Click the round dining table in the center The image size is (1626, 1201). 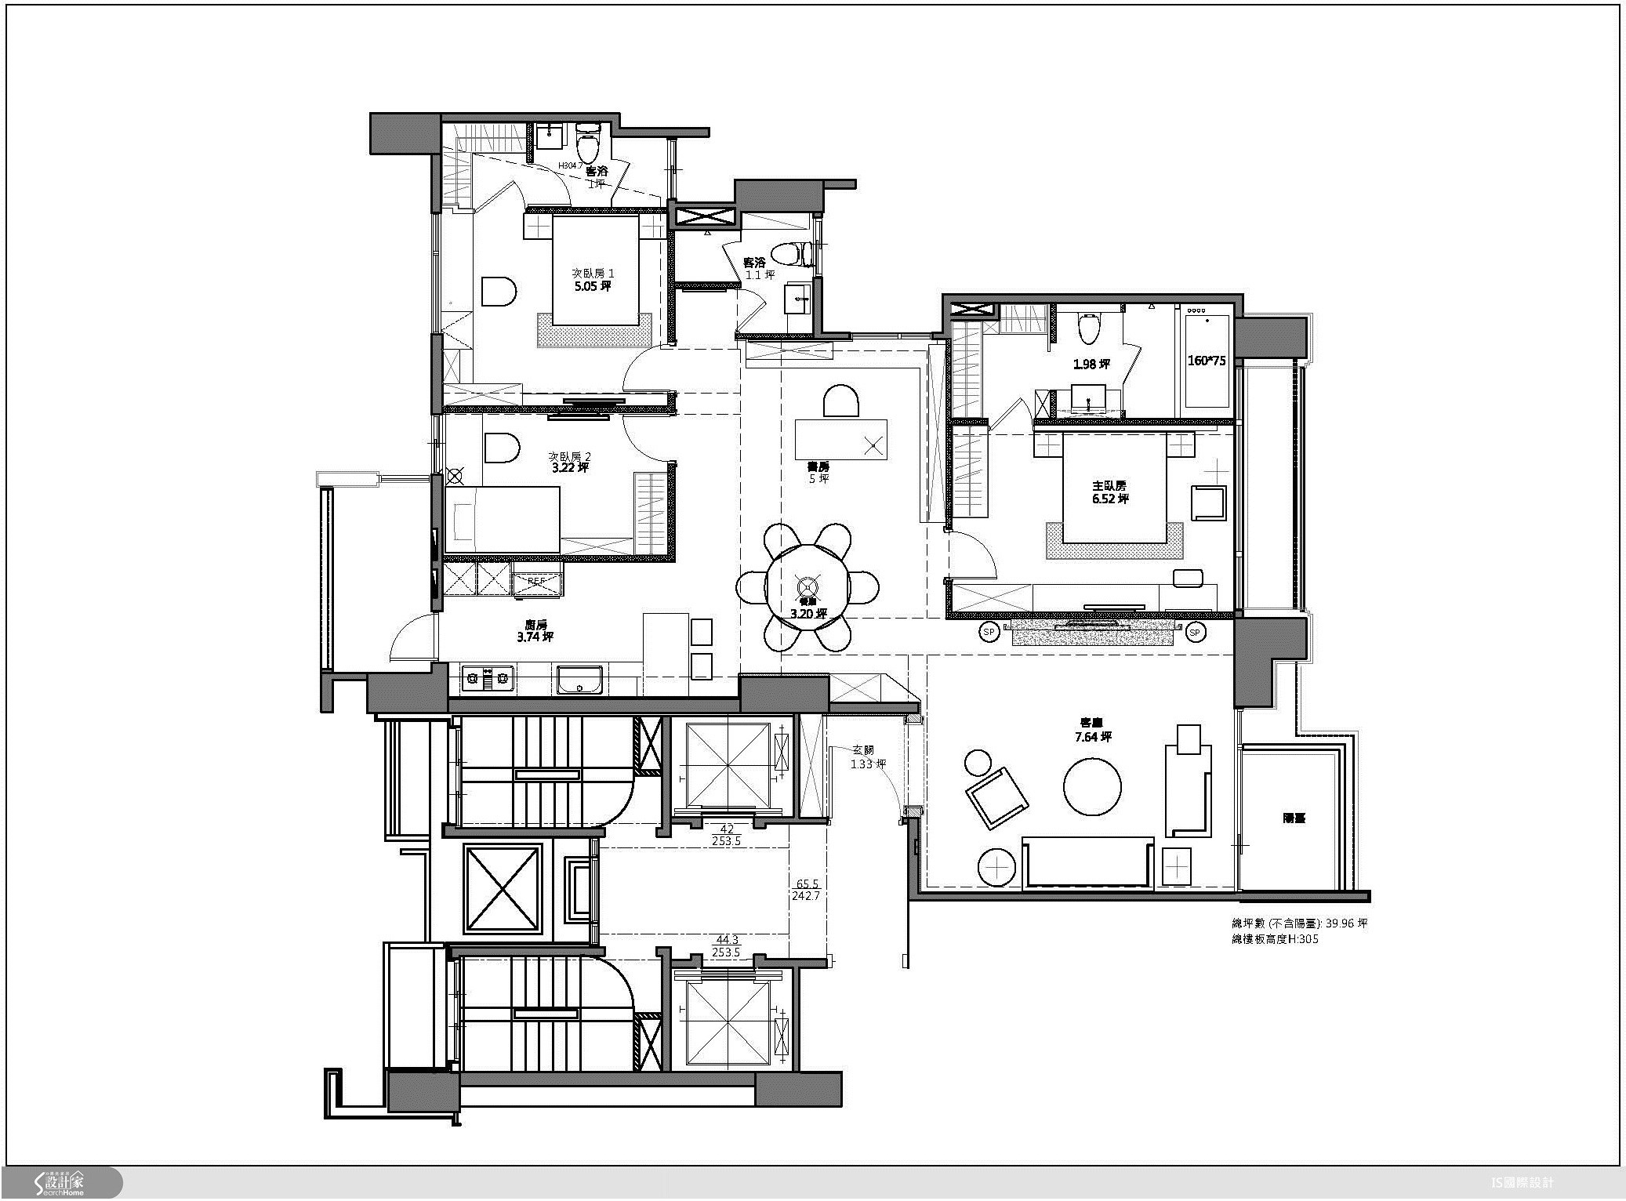[808, 587]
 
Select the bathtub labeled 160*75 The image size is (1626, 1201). [1207, 360]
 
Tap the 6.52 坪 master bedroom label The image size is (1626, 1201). [1110, 492]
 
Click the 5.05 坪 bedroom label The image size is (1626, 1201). [593, 280]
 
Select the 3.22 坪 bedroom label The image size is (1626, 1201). [569, 463]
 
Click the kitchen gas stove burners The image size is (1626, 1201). [487, 677]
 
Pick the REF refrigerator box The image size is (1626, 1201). [538, 582]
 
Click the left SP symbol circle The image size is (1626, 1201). [989, 632]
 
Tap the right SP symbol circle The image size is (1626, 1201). [1195, 632]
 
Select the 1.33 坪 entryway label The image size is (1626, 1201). [868, 757]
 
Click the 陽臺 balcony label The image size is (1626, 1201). [1294, 818]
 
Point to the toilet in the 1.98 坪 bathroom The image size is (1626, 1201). [1088, 328]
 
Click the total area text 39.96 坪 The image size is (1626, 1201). [1299, 923]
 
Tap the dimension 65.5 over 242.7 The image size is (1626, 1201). [807, 889]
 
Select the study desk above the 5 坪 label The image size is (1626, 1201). [841, 438]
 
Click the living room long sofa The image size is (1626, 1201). [1087, 862]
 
